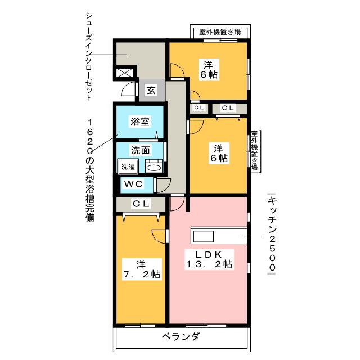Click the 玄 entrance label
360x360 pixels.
point(151,90)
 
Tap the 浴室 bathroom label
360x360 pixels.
point(140,121)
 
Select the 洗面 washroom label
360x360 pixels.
point(140,150)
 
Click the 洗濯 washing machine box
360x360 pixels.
point(128,166)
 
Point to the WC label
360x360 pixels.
point(133,184)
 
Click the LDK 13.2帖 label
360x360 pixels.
point(209,259)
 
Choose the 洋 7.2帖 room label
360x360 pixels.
point(142,269)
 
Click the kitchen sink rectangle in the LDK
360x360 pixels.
point(204,236)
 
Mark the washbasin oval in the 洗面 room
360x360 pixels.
point(154,168)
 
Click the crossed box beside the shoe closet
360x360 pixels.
point(124,73)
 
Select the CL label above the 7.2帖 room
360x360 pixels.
point(141,204)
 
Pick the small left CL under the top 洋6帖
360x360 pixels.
point(199,107)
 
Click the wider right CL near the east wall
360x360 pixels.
point(228,107)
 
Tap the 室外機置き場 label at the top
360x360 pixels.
point(220,32)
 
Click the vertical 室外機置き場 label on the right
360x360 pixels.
point(254,151)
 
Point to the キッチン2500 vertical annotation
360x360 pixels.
point(272,234)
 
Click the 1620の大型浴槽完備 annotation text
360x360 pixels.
point(90,170)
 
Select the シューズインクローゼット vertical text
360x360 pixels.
point(89,56)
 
